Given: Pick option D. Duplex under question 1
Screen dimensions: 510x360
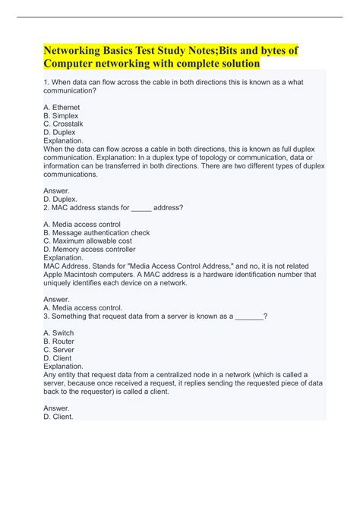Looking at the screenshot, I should [60, 132].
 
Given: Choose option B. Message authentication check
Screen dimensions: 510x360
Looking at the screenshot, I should [96, 233].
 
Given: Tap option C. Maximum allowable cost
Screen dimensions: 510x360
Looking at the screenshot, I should [87, 241].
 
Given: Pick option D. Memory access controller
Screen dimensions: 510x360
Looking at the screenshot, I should [90, 249].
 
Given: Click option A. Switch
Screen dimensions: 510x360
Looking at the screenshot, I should [59, 332].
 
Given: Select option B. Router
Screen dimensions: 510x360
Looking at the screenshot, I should [59, 341].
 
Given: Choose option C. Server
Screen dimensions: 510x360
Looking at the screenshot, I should [59, 349].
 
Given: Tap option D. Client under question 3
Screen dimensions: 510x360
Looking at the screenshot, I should [58, 357].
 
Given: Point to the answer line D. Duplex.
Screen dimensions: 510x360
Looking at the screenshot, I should [62, 199].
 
